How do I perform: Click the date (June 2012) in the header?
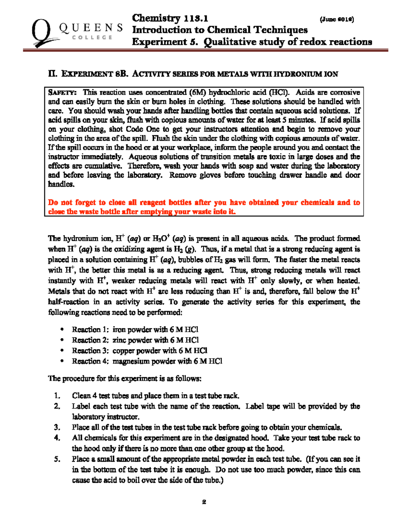(337, 19)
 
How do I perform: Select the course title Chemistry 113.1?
(170, 18)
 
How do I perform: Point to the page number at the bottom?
(204, 502)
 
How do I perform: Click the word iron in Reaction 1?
(119, 330)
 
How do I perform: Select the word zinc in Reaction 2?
(119, 340)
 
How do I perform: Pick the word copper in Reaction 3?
(123, 351)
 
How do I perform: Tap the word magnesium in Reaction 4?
(131, 361)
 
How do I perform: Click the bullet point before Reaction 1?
(62, 330)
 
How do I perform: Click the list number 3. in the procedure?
(57, 427)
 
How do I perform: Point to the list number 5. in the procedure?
(57, 459)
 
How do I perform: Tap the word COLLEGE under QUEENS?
(92, 37)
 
